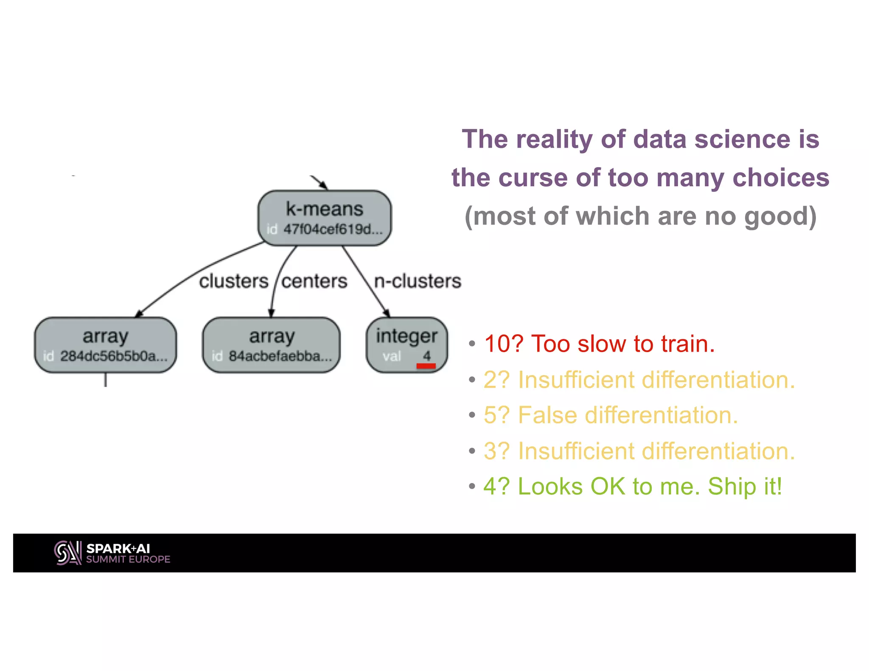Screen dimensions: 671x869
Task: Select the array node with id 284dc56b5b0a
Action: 105,344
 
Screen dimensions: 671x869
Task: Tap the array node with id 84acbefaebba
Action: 271,344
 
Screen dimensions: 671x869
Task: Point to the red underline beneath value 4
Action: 426,366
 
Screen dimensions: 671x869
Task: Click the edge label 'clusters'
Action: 233,281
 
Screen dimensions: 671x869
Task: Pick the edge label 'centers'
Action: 314,281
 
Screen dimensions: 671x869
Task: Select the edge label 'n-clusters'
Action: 418,281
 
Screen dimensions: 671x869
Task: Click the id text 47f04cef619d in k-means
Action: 333,229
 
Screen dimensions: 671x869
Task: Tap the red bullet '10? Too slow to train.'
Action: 599,344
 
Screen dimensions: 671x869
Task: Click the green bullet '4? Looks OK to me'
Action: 632,486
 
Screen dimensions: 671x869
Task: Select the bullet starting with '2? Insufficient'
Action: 639,379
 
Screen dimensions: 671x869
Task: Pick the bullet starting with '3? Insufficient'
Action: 639,450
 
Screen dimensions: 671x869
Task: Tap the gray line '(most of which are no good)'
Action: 640,216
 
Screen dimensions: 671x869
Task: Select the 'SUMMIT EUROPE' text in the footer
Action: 128,559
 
